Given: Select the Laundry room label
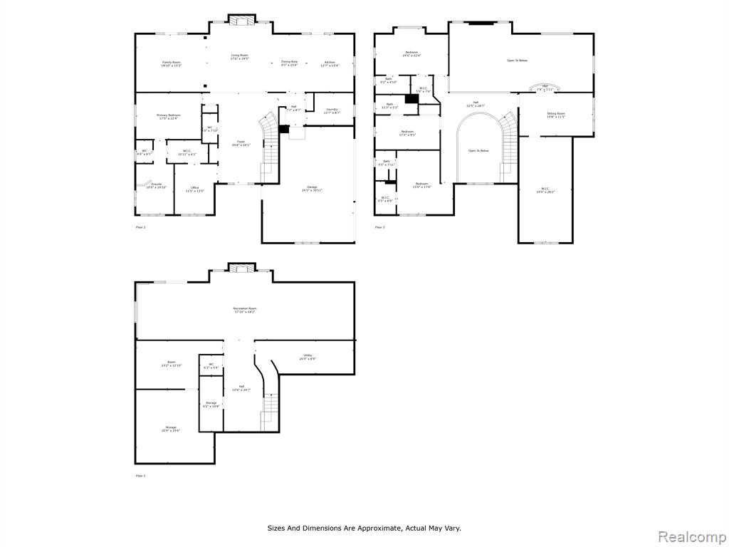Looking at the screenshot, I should (332, 110).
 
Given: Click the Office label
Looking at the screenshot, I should (194, 189).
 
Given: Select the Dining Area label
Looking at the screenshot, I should (289, 63).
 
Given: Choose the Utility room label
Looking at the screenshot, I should (308, 357).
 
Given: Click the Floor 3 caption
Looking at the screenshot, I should (379, 227).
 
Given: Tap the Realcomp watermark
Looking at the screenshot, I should (690, 536).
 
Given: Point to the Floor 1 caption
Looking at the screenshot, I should (140, 475).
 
